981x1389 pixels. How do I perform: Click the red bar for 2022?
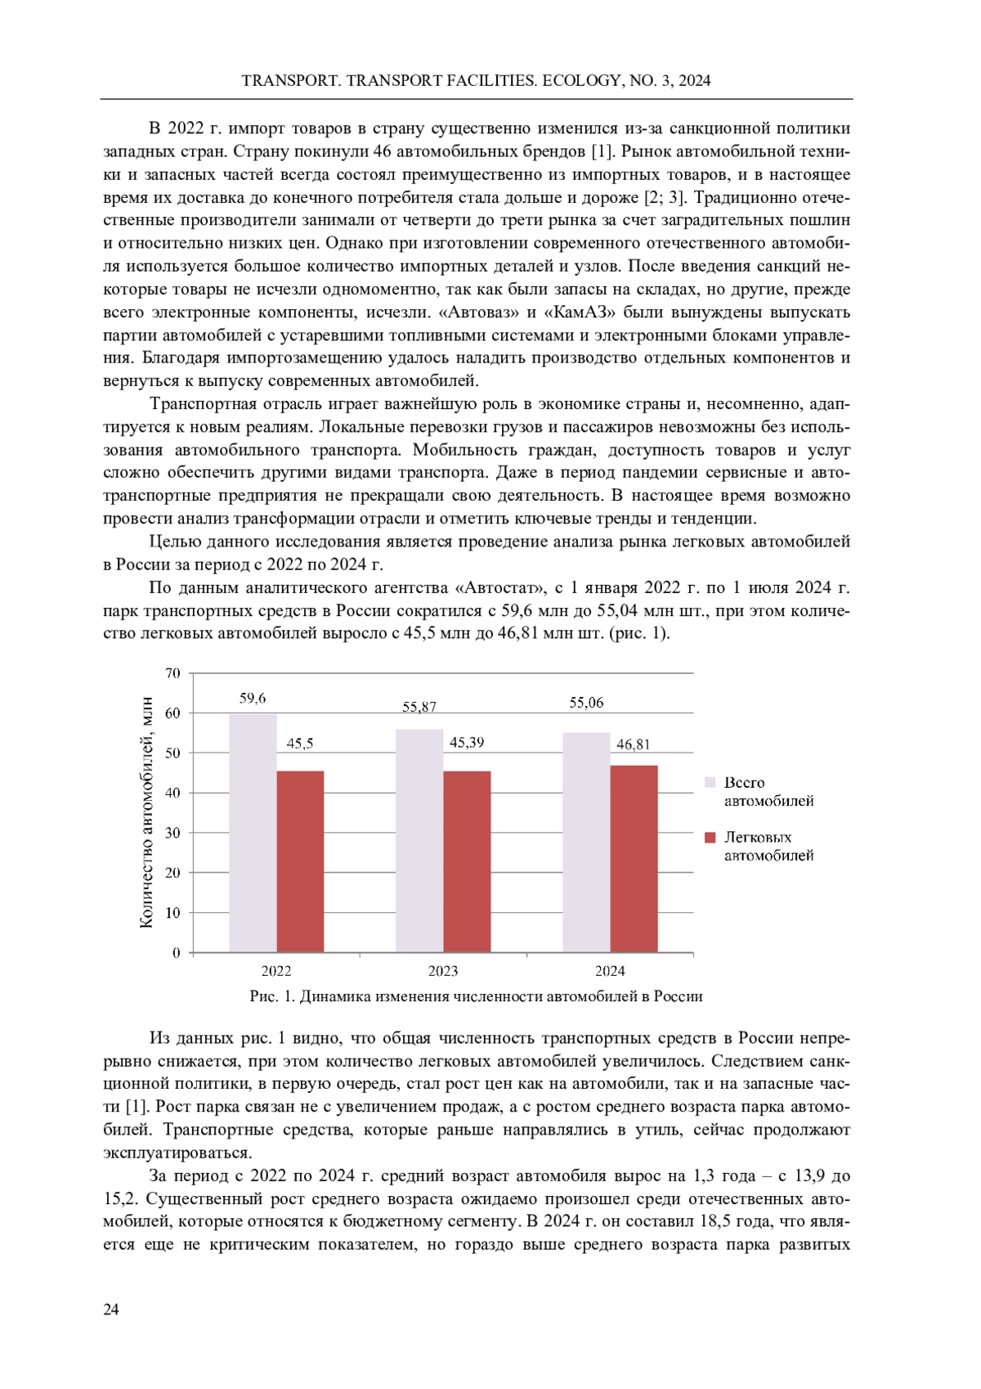300,861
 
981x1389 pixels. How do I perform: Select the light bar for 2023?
419,840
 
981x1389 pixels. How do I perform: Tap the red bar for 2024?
634,859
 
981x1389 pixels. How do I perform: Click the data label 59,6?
253,698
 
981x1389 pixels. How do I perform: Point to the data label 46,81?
634,744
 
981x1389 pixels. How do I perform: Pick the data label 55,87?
419,707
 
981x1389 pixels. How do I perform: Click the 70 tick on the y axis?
172,673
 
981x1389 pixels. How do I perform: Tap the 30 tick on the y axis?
172,833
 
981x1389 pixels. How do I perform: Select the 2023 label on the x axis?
443,971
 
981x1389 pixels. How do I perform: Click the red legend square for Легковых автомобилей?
710,838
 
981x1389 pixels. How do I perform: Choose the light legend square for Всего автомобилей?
710,783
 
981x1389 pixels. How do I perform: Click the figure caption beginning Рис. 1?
476,996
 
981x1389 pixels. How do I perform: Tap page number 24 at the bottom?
111,1310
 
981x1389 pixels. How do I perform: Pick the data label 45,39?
467,743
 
